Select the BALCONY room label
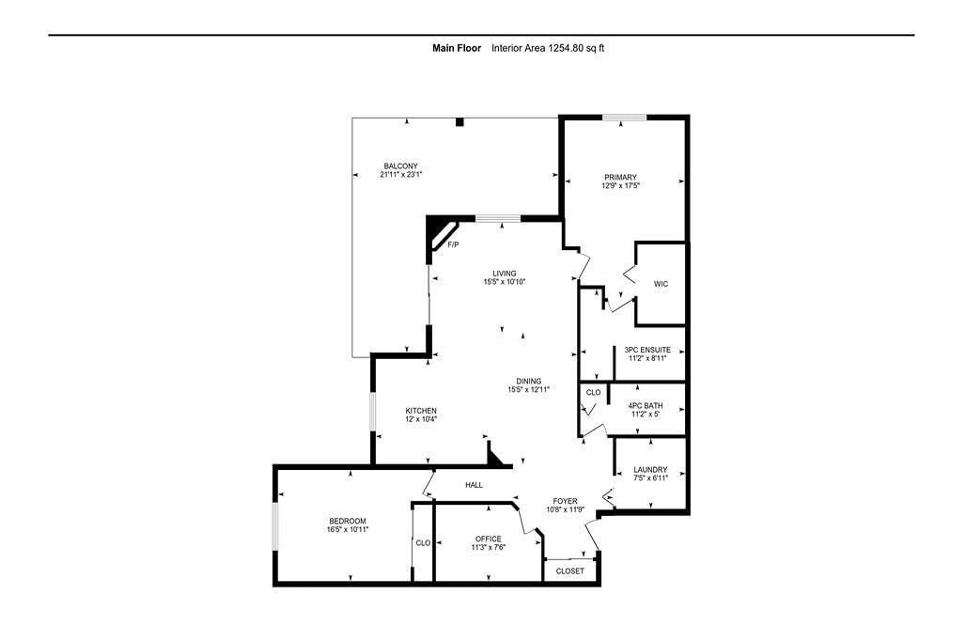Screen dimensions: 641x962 [401, 166]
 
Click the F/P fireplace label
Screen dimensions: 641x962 [453, 245]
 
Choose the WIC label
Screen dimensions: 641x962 [660, 284]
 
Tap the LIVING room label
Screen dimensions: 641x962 [504, 273]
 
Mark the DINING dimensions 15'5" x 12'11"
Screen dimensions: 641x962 [528, 390]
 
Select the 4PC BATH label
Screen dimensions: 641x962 [645, 405]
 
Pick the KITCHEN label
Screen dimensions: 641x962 [421, 410]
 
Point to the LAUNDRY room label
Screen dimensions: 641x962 [650, 470]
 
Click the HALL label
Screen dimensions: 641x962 [474, 485]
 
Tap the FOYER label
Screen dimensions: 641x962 [565, 501]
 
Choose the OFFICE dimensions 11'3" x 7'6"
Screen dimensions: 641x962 [488, 547]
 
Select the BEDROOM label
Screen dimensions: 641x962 [347, 521]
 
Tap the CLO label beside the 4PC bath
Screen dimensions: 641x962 [593, 392]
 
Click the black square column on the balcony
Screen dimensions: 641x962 [459, 122]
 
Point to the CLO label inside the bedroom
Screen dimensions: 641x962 [423, 543]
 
